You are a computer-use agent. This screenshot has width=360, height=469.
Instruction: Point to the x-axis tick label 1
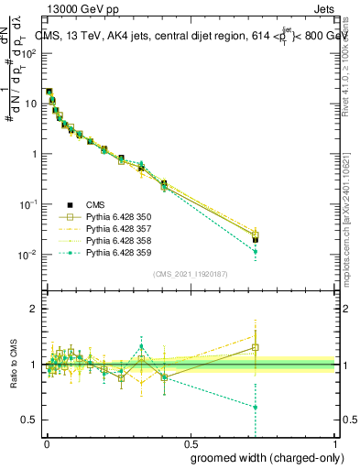(333, 442)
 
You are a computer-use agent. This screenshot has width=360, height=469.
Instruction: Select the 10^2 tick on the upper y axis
(30, 53)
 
